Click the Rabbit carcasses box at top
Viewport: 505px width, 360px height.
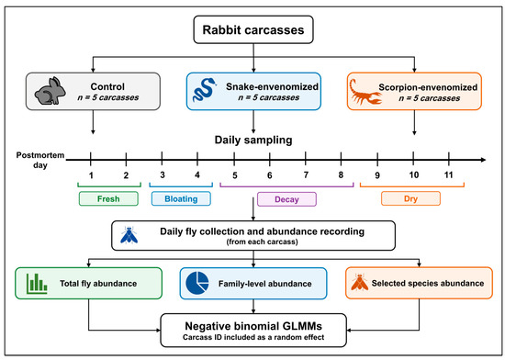click(x=253, y=29)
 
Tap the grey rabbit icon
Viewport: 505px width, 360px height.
click(x=50, y=91)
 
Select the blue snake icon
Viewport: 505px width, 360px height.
click(x=204, y=90)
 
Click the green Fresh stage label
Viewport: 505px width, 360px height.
click(x=108, y=198)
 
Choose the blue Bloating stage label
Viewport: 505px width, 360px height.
click(x=181, y=198)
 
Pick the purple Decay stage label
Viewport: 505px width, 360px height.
click(x=286, y=199)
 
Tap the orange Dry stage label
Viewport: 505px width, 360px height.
click(x=410, y=198)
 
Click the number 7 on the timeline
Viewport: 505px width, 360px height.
click(x=306, y=174)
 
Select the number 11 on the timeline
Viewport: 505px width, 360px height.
click(x=448, y=174)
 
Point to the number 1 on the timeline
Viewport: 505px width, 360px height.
click(x=91, y=175)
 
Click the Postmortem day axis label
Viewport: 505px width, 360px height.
click(x=40, y=160)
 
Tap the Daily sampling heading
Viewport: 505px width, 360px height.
click(x=253, y=141)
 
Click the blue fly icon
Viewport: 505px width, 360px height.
click(x=129, y=235)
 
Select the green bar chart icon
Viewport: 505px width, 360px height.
click(x=37, y=284)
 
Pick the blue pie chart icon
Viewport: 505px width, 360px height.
click(x=197, y=283)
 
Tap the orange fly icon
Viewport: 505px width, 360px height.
click(x=359, y=282)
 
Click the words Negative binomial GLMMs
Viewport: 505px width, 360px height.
click(x=253, y=326)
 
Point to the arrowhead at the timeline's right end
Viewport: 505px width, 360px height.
click(x=483, y=160)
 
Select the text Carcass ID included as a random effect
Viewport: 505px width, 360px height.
click(x=253, y=337)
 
